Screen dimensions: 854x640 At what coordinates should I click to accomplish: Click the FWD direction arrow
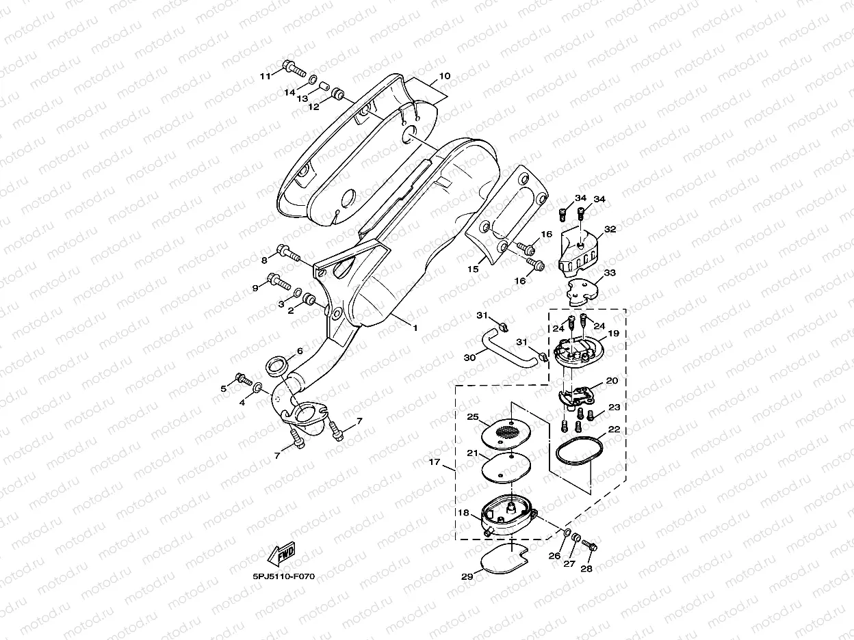(x=282, y=553)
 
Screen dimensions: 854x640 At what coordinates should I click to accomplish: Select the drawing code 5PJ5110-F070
(x=283, y=576)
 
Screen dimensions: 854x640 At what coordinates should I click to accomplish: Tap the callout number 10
(x=444, y=76)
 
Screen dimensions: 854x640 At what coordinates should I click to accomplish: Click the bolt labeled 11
(x=294, y=68)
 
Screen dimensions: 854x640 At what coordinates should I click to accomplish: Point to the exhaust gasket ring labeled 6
(x=276, y=366)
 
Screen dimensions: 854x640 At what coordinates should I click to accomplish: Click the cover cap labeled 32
(x=578, y=252)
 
